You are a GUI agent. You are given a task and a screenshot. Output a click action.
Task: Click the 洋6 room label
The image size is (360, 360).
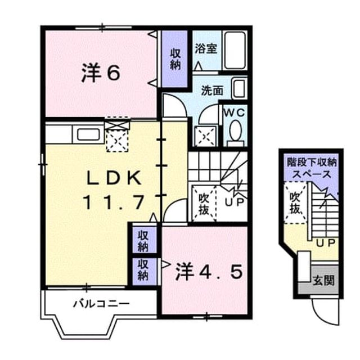(x=101, y=73)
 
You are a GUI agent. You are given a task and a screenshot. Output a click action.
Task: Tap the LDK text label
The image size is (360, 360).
(x=114, y=178)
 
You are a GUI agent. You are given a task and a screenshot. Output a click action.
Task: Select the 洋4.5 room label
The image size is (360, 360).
(x=209, y=272)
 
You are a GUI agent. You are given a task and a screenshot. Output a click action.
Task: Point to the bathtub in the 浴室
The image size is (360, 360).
(x=235, y=51)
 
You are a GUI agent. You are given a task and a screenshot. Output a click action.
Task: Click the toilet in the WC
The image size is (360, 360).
(x=236, y=133)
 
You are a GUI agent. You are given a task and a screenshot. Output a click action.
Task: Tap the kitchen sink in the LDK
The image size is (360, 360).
(x=88, y=135)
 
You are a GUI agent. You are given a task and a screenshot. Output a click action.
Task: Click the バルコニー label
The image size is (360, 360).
(x=101, y=304)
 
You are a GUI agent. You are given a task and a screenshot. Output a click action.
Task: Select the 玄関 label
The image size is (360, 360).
(x=323, y=280)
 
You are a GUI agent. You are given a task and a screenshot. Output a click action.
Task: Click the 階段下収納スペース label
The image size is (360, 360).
(x=312, y=168)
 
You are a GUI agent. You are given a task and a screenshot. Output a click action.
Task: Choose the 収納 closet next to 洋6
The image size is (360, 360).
(x=175, y=59)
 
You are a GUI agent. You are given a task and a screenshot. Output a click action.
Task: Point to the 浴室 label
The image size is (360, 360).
(x=206, y=49)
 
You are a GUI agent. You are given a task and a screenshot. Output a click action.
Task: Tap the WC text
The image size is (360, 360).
(x=235, y=112)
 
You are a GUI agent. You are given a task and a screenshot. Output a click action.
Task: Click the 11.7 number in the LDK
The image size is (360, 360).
(x=114, y=202)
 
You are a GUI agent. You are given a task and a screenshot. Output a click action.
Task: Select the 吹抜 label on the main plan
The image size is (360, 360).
(x=204, y=204)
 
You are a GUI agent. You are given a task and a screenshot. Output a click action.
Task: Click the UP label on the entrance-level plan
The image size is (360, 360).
(x=326, y=243)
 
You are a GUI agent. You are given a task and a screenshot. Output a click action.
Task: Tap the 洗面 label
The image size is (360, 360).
(x=212, y=91)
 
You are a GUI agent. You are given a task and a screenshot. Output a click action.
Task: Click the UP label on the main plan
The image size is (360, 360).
(x=234, y=202)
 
